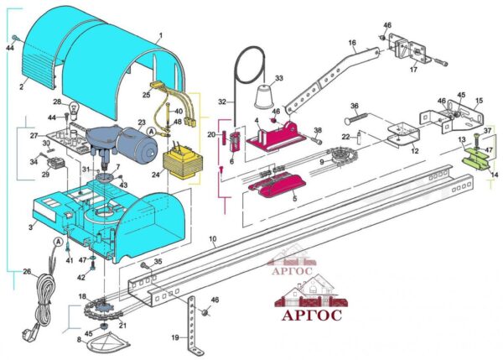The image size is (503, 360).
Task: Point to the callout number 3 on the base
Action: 30,227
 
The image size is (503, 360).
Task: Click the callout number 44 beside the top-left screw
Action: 10,50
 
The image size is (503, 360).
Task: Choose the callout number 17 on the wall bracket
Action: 412,70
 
